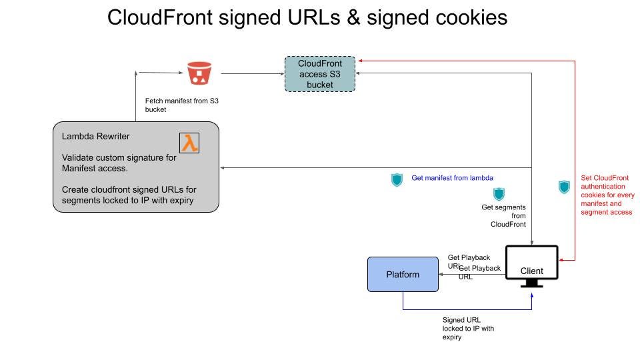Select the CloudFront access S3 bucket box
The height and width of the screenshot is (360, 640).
[x=319, y=74]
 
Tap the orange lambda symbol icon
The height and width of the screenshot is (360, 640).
[x=190, y=143]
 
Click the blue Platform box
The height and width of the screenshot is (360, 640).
[x=403, y=274]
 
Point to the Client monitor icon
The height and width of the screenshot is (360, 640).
[x=531, y=266]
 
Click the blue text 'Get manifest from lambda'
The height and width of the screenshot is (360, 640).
[x=452, y=179]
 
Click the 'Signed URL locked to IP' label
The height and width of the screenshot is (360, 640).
[x=469, y=328]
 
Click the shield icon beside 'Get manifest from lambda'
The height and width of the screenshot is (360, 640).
[x=397, y=179]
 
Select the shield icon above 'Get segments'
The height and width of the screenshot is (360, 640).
[x=498, y=194]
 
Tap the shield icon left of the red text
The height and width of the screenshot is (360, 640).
[x=564, y=187]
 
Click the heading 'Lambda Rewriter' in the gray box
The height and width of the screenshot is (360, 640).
[x=96, y=136]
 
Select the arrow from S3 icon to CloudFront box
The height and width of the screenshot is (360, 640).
[x=250, y=73]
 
